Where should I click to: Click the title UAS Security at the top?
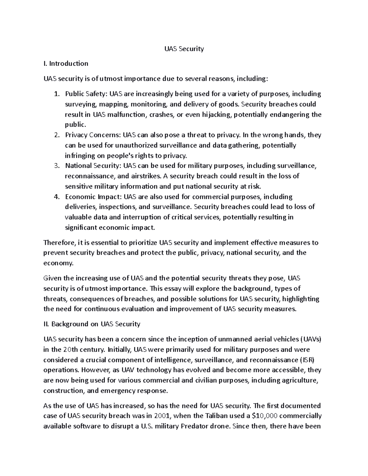[x=184, y=49]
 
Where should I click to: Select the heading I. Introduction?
[x=66, y=63]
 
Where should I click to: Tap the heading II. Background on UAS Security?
[x=92, y=324]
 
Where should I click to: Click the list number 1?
[x=56, y=94]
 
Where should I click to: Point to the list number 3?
[x=56, y=166]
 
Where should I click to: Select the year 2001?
[x=161, y=416]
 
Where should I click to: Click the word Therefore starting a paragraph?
[x=59, y=243]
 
